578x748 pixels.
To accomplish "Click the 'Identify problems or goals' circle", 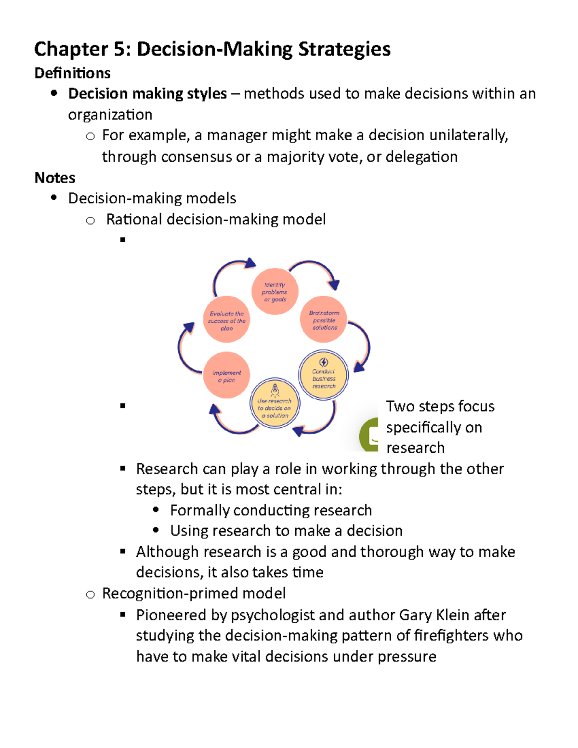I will click(x=275, y=292).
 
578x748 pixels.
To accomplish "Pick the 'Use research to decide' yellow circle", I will click(x=275, y=404).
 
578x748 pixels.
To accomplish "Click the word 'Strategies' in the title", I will click(x=344, y=49).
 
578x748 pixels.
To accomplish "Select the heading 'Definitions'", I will click(x=73, y=73).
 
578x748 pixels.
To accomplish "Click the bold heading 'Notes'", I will click(x=55, y=178).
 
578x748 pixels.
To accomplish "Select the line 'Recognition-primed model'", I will click(x=194, y=593).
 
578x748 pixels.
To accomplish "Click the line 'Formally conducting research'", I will click(x=271, y=510).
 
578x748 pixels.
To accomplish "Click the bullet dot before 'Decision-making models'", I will click(x=54, y=197).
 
